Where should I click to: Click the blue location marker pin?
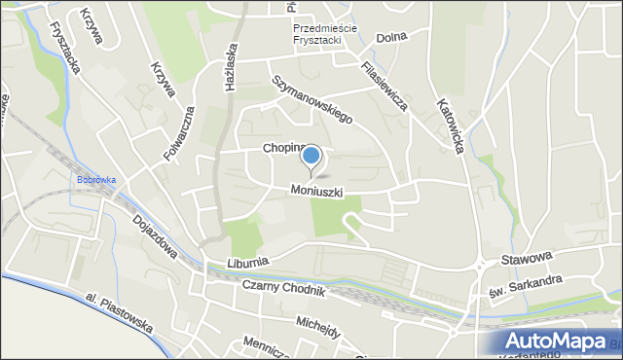click(x=311, y=157)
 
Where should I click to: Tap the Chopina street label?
click(x=281, y=149)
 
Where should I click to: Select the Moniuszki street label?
click(x=316, y=192)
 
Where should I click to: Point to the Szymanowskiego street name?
click(x=311, y=99)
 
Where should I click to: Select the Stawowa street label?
click(x=527, y=258)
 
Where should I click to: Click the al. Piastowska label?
click(x=119, y=311)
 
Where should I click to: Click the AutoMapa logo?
click(x=559, y=341)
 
